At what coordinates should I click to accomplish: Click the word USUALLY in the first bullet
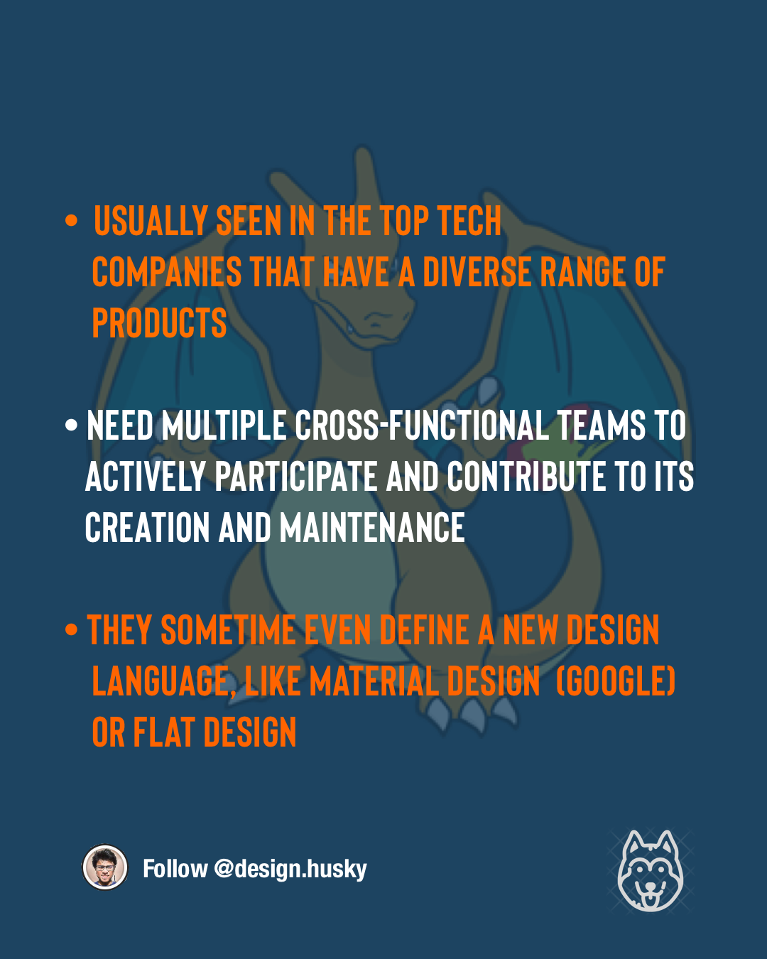pos(150,222)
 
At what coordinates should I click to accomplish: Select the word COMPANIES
pos(167,273)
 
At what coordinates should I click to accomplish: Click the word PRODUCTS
pos(159,324)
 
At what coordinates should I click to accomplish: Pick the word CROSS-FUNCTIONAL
pos(421,426)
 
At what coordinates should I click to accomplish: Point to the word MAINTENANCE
pos(372,529)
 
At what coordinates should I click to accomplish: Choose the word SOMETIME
pos(228,631)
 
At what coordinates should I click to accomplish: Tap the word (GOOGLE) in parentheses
pos(615,682)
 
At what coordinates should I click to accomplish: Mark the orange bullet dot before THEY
pos(71,630)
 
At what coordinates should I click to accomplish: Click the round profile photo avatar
pos(105,867)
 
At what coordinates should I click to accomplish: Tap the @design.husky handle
pos(290,869)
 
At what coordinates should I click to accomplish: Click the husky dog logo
pos(650,871)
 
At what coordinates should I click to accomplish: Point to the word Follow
pos(175,869)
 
